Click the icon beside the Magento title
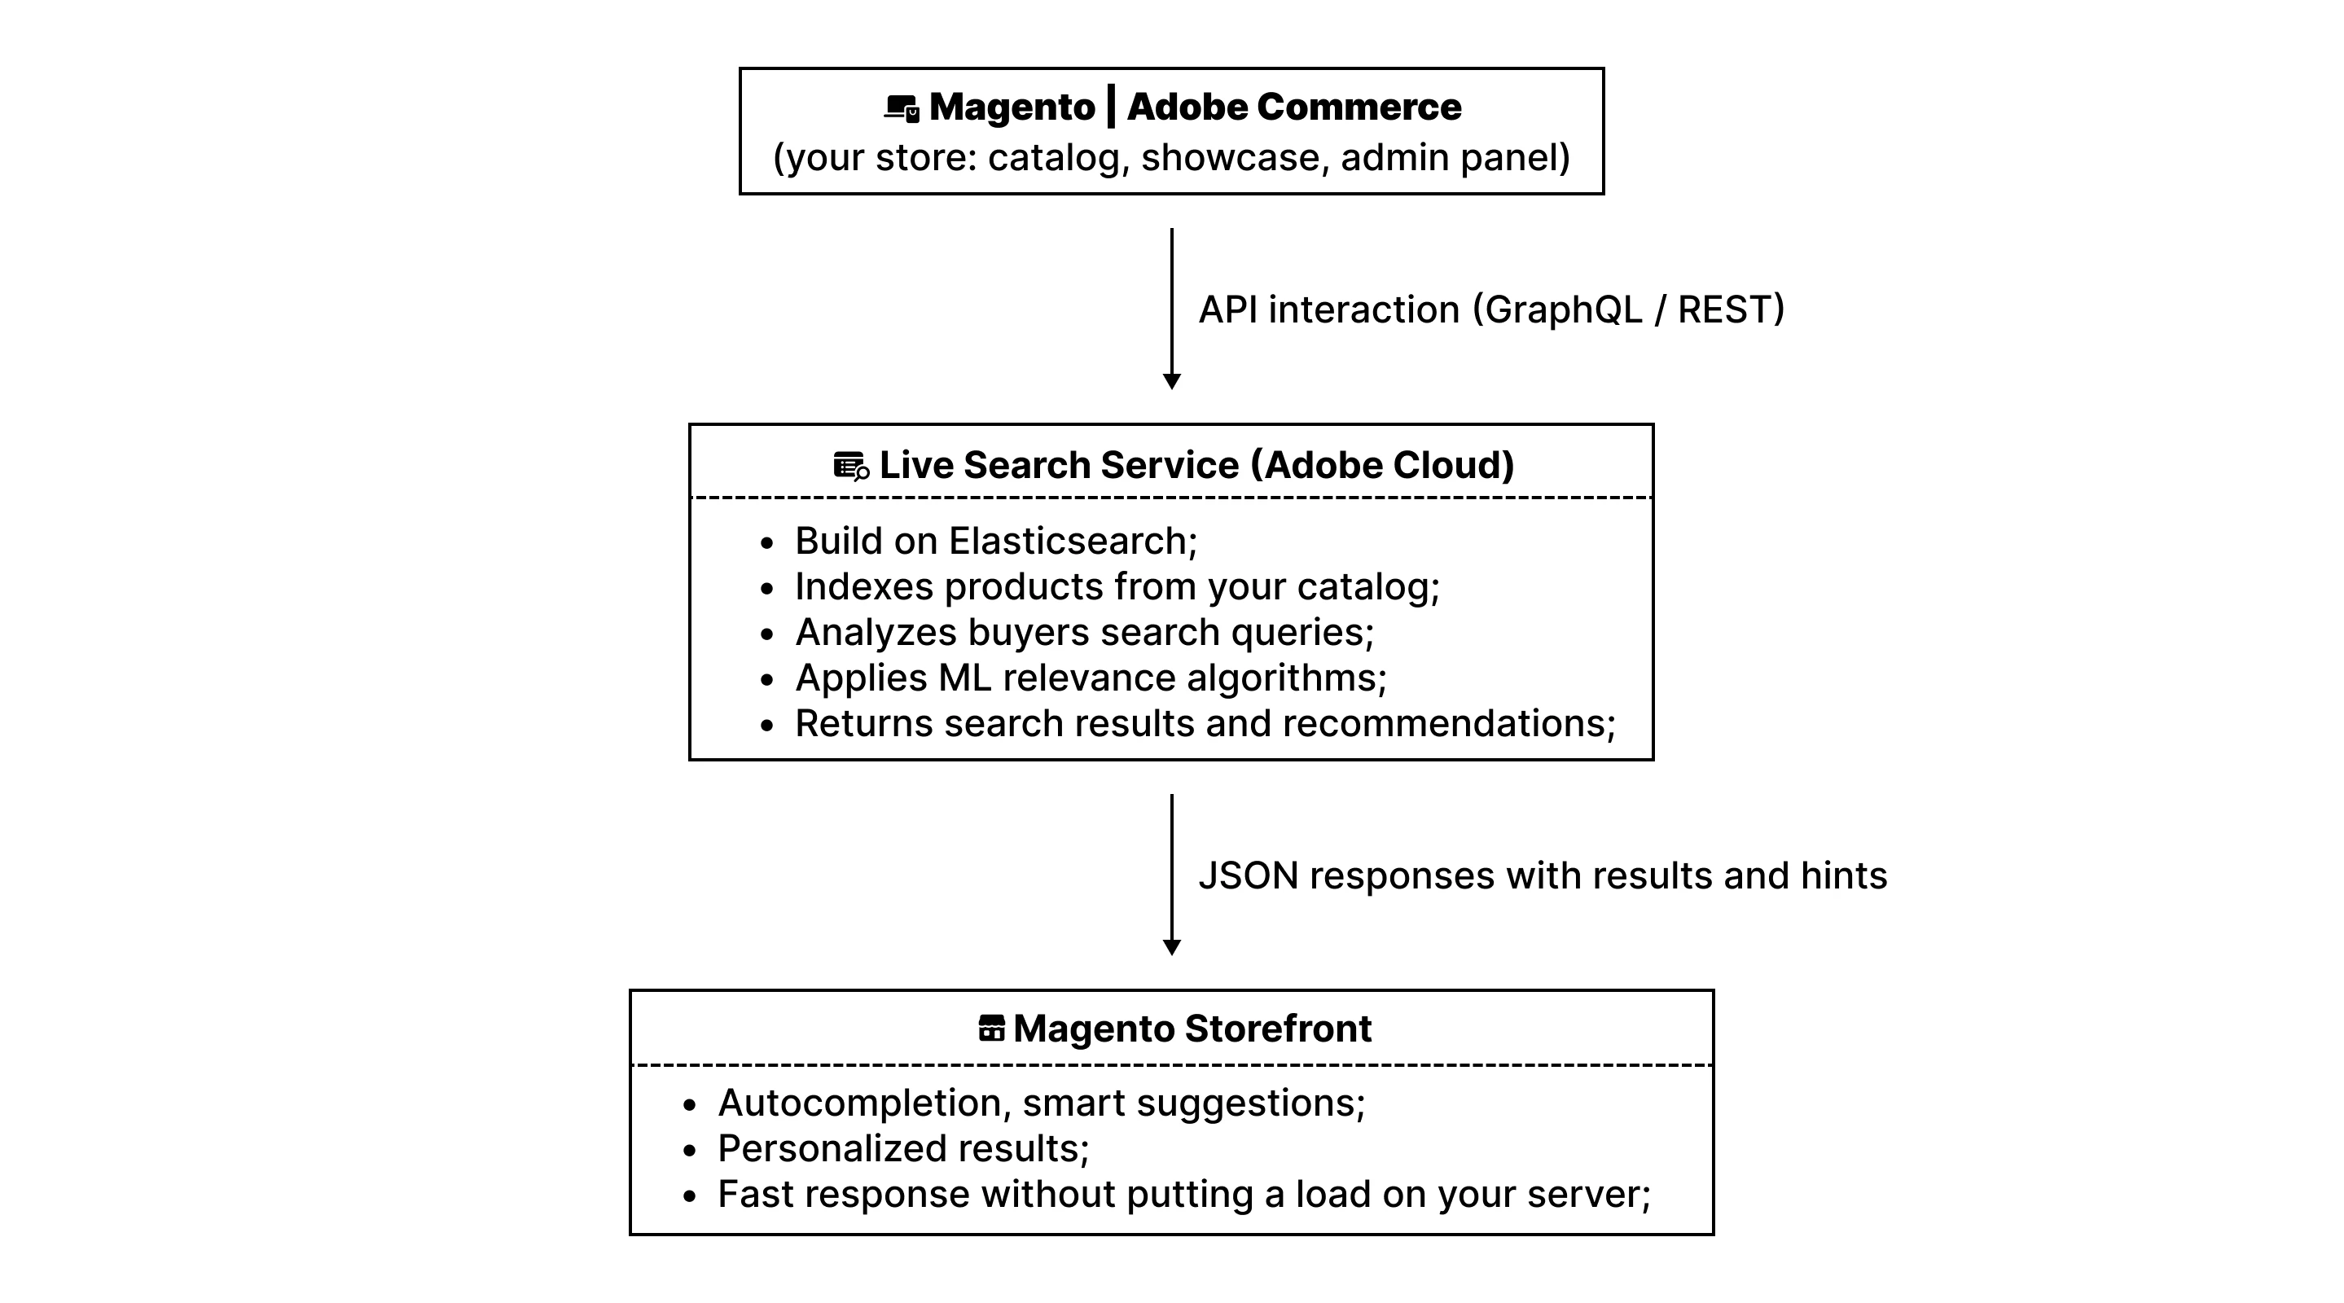[x=901, y=108]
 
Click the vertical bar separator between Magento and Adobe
[x=1111, y=107]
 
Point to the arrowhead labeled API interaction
[x=1172, y=381]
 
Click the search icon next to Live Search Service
[x=851, y=466]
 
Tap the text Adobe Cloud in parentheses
[x=1382, y=465]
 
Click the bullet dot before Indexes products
[x=767, y=590]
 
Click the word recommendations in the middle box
[x=1444, y=724]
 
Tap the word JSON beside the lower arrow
[x=1248, y=876]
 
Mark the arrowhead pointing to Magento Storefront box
[x=1172, y=947]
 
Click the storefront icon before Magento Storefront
[x=991, y=1029]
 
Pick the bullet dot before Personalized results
[x=690, y=1151]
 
